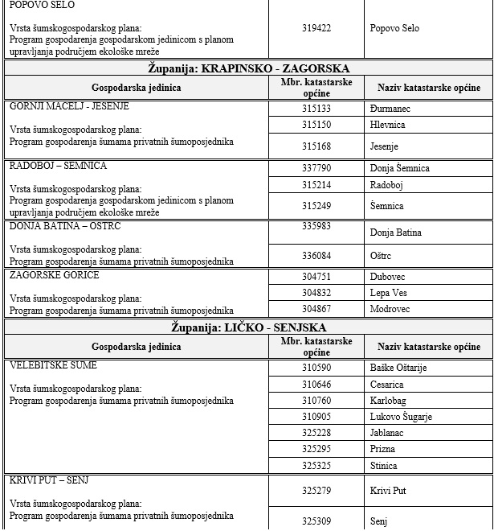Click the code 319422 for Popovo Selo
316,28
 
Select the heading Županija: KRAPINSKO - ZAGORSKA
248,68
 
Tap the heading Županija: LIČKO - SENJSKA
248,327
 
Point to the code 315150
316,125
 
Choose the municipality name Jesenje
384,146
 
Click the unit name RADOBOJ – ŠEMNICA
58,166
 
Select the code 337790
316,168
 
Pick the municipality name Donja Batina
396,233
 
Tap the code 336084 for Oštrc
316,255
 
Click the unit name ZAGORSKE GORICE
55,275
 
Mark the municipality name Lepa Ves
389,293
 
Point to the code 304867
316,308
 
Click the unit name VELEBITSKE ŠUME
53,365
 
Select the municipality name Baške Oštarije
398,368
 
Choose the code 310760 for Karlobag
316,401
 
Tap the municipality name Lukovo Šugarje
401,417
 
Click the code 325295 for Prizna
316,449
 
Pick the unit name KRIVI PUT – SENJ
49,480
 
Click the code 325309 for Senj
316,521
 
